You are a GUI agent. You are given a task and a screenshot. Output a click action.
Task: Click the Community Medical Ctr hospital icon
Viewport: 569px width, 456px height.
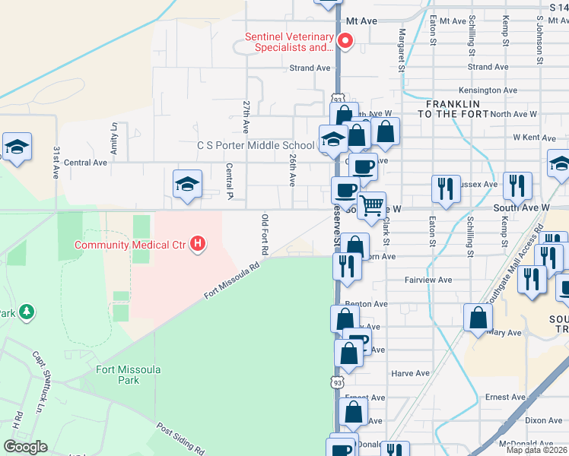pyautogui.click(x=198, y=244)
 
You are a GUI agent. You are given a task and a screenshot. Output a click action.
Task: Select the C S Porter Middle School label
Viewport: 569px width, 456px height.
pyautogui.click(x=256, y=145)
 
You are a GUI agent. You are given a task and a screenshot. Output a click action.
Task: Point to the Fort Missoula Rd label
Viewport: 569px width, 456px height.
pyautogui.click(x=232, y=281)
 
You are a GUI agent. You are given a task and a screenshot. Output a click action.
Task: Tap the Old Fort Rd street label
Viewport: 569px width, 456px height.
pyautogui.click(x=265, y=235)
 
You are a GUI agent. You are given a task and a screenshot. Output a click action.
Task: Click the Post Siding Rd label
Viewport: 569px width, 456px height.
pyautogui.click(x=180, y=439)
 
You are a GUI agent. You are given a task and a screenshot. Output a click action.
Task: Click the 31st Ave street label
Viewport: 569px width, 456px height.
pyautogui.click(x=56, y=163)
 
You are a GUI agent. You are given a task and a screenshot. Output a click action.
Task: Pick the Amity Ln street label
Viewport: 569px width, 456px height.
pyautogui.click(x=114, y=139)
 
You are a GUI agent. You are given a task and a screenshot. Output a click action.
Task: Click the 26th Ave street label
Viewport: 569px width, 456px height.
pyautogui.click(x=292, y=169)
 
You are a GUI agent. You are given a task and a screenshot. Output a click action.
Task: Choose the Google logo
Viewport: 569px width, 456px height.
pyautogui.click(x=26, y=447)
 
